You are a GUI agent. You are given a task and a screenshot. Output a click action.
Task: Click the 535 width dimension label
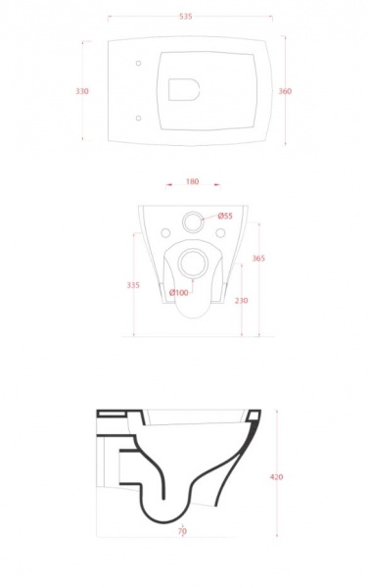(x=186, y=16)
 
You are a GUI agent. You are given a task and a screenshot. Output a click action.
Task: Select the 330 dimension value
(x=82, y=91)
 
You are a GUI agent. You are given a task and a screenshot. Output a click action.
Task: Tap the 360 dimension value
(x=285, y=91)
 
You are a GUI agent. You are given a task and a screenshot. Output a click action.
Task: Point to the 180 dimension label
(x=193, y=181)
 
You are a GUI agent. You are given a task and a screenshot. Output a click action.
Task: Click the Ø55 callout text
(x=225, y=216)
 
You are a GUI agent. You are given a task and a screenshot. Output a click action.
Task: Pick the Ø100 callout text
(x=178, y=293)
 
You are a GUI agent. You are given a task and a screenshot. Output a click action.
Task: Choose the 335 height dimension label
(x=133, y=285)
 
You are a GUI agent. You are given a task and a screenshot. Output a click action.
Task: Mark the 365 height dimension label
(x=258, y=258)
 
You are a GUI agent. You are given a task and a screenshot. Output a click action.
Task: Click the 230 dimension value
(x=242, y=301)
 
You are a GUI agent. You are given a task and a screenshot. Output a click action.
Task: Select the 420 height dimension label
(x=276, y=477)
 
